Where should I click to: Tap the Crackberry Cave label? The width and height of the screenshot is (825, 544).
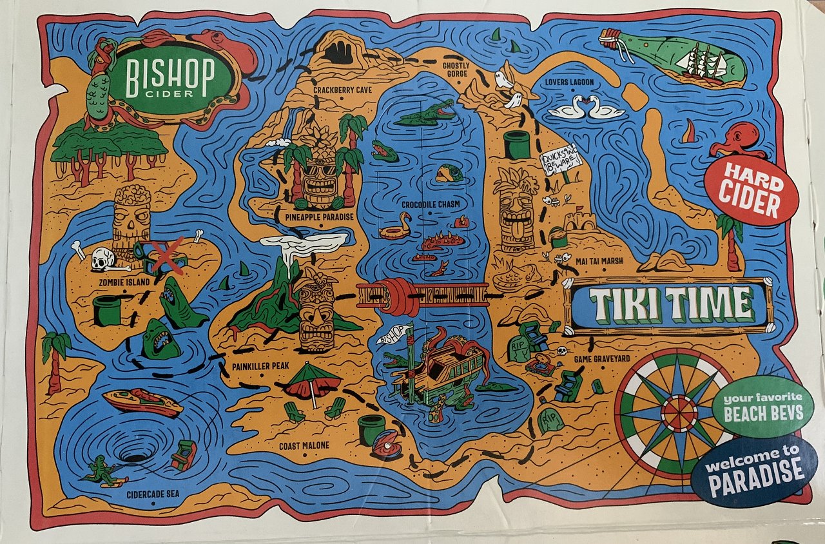(342, 90)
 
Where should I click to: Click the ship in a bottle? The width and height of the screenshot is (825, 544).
(674, 57)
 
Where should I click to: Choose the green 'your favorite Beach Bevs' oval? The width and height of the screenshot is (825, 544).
(762, 406)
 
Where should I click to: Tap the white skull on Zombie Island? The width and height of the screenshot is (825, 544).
(101, 260)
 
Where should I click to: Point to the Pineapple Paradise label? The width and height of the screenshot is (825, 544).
(318, 217)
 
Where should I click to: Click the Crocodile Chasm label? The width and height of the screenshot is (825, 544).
(431, 204)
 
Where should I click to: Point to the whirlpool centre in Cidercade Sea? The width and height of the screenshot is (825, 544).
(135, 456)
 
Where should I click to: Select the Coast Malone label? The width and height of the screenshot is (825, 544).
(304, 446)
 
